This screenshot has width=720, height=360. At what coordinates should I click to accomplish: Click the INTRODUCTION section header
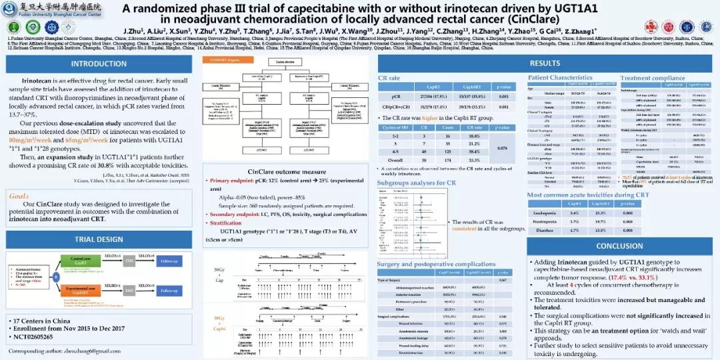coord(99,64)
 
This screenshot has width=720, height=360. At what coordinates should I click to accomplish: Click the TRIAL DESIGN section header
coord(99,239)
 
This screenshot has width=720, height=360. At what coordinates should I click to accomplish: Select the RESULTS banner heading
coord(545,63)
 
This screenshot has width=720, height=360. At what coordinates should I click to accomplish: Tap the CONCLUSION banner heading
coord(619,246)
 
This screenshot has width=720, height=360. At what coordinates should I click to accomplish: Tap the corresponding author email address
coord(106,351)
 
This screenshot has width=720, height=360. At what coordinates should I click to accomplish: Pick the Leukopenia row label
coord(546,212)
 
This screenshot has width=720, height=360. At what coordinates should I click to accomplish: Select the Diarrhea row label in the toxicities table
coord(546,230)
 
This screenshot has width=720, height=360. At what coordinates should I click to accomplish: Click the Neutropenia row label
coord(546,221)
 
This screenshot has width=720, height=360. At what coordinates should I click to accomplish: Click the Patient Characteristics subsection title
coord(560,78)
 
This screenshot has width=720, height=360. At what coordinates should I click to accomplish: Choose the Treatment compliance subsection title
coord(652,78)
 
